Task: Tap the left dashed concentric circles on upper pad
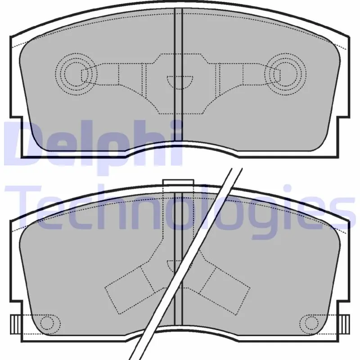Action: (76, 74)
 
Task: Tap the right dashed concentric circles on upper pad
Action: (285, 74)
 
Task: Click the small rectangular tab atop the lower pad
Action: (178, 182)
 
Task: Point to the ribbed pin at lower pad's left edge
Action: (15, 324)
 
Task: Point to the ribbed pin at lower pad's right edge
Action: (345, 324)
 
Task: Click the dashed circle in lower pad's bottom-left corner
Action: (47, 323)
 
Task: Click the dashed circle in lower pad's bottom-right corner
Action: (311, 323)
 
